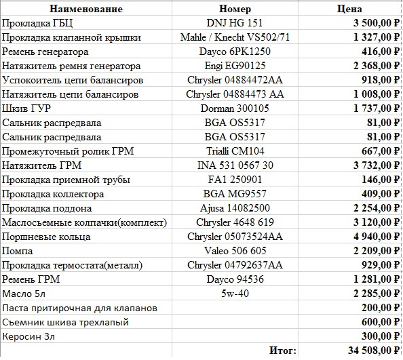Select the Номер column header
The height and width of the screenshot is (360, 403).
(235, 9)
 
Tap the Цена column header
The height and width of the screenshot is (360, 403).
(349, 9)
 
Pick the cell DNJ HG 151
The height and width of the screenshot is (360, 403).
(235, 23)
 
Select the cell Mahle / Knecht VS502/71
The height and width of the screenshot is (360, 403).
(235, 37)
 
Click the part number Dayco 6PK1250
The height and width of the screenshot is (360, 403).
(235, 52)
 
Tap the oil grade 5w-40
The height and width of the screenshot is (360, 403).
(235, 294)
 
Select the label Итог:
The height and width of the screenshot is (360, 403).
(283, 351)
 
